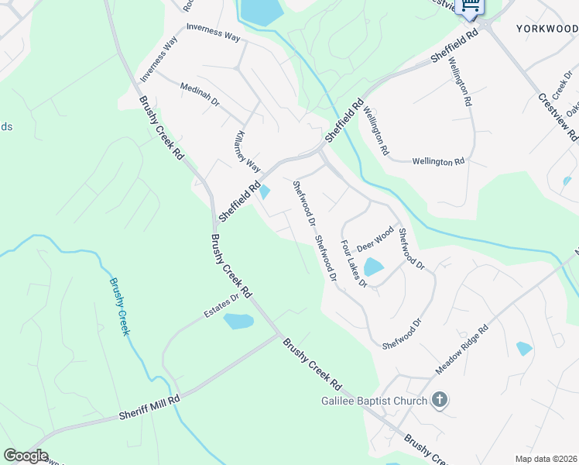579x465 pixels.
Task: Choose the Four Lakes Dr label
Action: pyautogui.click(x=353, y=263)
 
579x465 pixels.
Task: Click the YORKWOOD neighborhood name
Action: pyautogui.click(x=546, y=28)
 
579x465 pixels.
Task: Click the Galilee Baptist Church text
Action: pyautogui.click(x=375, y=401)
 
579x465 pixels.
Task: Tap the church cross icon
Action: pyautogui.click(x=440, y=401)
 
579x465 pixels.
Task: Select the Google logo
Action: pyautogui.click(x=26, y=456)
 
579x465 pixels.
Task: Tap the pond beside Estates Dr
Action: pyautogui.click(x=238, y=321)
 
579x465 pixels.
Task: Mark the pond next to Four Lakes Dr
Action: pyautogui.click(x=373, y=267)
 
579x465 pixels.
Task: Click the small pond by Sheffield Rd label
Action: pyautogui.click(x=265, y=191)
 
